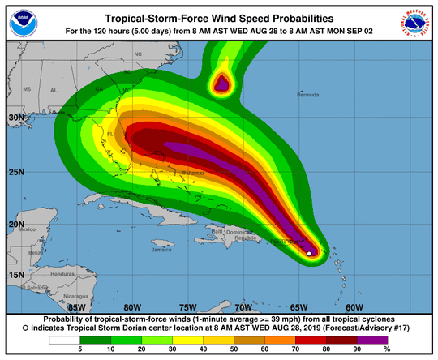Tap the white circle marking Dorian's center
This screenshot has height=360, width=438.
pyautogui.click(x=309, y=254)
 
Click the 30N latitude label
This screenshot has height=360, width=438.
pyautogui.click(x=15, y=118)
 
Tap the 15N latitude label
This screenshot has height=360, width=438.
pyautogui.click(x=15, y=275)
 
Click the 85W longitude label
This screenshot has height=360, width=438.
pyautogui.click(x=77, y=307)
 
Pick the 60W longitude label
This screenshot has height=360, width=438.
pyautogui.click(x=354, y=307)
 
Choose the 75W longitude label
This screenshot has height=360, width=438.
pyautogui.click(x=187, y=307)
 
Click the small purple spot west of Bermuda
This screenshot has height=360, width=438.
pyautogui.click(x=221, y=83)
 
